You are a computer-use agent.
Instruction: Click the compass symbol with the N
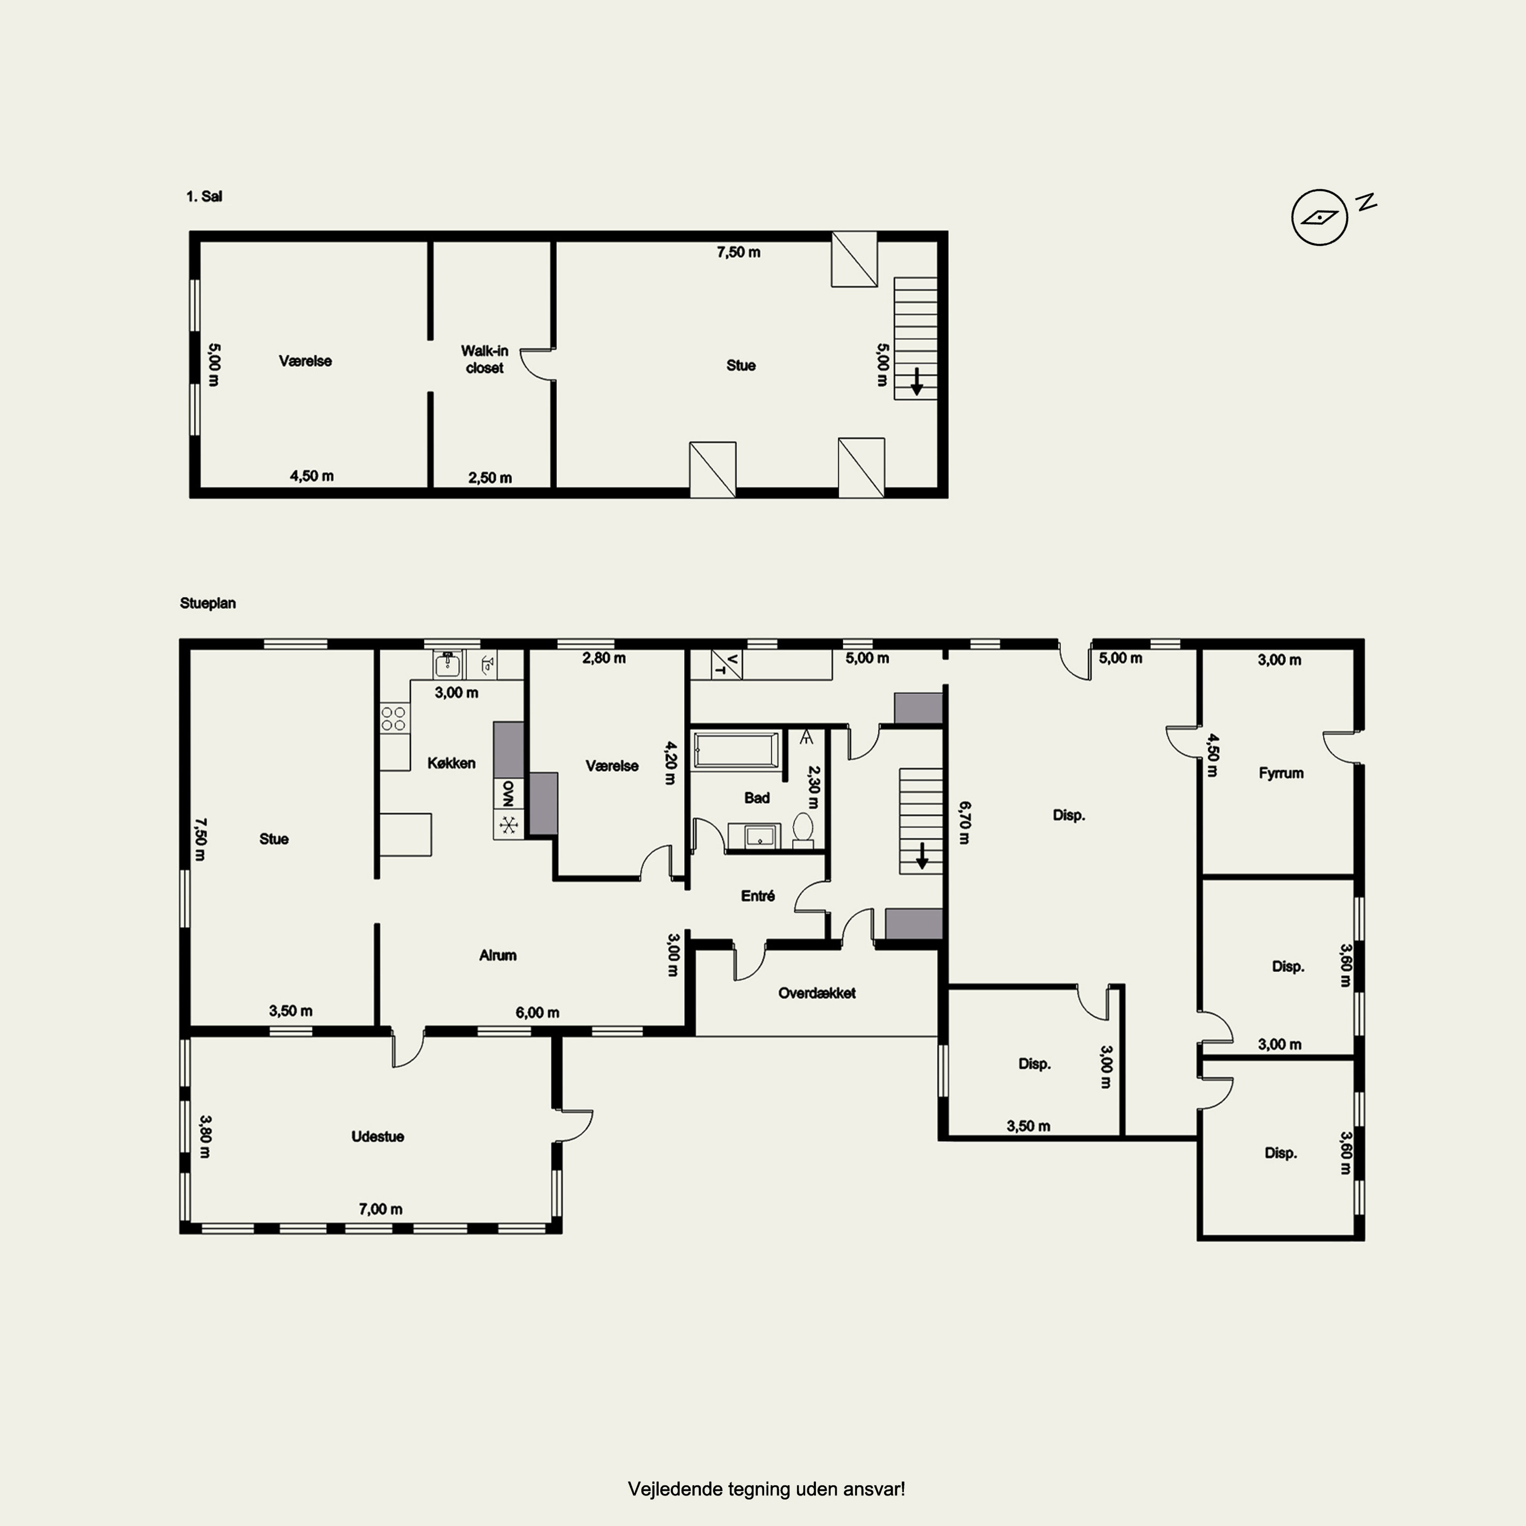(x=1319, y=216)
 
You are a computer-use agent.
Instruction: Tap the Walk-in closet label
(x=484, y=360)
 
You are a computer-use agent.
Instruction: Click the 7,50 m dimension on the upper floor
(x=739, y=252)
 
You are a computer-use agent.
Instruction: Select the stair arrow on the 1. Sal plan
(x=916, y=382)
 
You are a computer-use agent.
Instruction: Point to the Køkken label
(x=452, y=763)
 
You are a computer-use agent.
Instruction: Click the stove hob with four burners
(x=393, y=719)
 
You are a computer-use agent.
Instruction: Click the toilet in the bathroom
(x=803, y=829)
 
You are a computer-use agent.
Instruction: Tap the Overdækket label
(x=817, y=993)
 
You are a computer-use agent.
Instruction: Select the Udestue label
(x=377, y=1136)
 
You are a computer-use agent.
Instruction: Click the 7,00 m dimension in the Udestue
(x=380, y=1209)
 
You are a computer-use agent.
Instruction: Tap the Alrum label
(x=497, y=955)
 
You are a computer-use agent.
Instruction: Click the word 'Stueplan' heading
(x=208, y=603)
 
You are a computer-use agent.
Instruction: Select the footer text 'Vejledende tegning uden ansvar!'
(x=766, y=1489)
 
